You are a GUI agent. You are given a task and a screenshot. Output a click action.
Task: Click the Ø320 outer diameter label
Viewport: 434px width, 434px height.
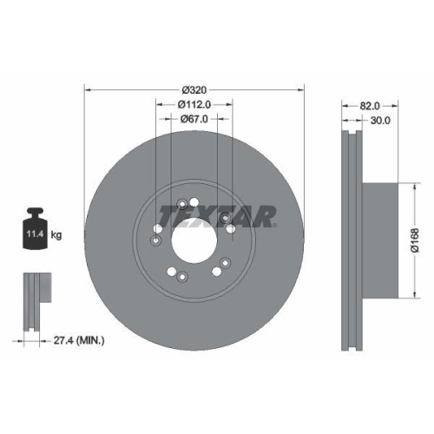click(194, 89)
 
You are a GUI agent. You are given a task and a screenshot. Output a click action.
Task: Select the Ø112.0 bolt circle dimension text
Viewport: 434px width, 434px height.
click(194, 104)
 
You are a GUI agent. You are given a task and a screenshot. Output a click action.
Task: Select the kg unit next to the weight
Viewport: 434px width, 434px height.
click(56, 235)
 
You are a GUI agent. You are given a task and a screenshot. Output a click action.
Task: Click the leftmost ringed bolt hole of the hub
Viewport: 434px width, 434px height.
click(155, 241)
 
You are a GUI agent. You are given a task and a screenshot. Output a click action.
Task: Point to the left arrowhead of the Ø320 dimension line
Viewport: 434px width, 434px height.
click(87, 89)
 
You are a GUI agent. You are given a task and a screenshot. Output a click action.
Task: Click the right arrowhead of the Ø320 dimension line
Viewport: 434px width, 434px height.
click(302, 89)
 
